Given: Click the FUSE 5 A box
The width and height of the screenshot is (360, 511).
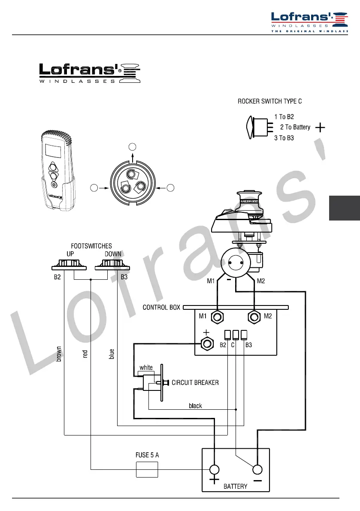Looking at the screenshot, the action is pos(147,470).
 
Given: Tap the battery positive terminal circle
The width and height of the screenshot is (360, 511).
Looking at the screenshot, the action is pos(215,470).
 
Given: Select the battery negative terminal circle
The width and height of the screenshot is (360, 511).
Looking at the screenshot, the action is pos(257,470).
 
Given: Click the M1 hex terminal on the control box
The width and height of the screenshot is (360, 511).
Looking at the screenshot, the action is pos(217,317).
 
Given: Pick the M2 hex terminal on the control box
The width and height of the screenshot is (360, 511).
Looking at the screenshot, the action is pos(254,317).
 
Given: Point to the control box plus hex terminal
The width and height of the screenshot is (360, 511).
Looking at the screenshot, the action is pos(206,343).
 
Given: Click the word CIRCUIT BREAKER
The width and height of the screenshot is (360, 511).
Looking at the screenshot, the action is pos(195,383).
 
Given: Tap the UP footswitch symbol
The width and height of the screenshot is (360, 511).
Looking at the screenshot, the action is pos(69,265).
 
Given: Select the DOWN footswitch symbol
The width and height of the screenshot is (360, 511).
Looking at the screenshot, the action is pos(112,265).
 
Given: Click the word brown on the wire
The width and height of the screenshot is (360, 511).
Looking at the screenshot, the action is pos(59,354).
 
